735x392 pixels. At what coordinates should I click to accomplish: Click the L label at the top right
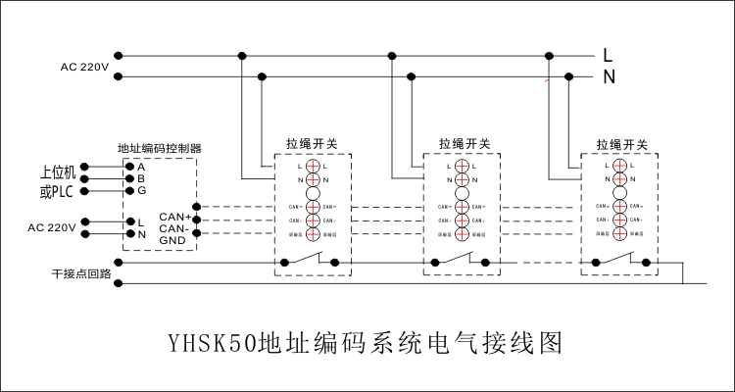tap(608, 55)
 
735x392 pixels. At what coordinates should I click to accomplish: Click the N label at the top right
tap(608, 76)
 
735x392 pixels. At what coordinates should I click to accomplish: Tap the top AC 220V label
tap(83, 67)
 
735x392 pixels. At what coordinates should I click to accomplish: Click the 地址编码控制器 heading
tap(159, 148)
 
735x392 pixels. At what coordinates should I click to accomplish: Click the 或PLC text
tap(57, 190)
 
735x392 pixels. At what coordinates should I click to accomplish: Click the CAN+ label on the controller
tap(173, 214)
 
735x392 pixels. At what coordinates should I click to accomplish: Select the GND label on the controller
tap(172, 238)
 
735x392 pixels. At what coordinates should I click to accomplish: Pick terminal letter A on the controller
tap(141, 167)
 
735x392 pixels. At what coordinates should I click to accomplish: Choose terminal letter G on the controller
tap(141, 190)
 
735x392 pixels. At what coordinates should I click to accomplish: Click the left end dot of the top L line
tap(119, 55)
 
